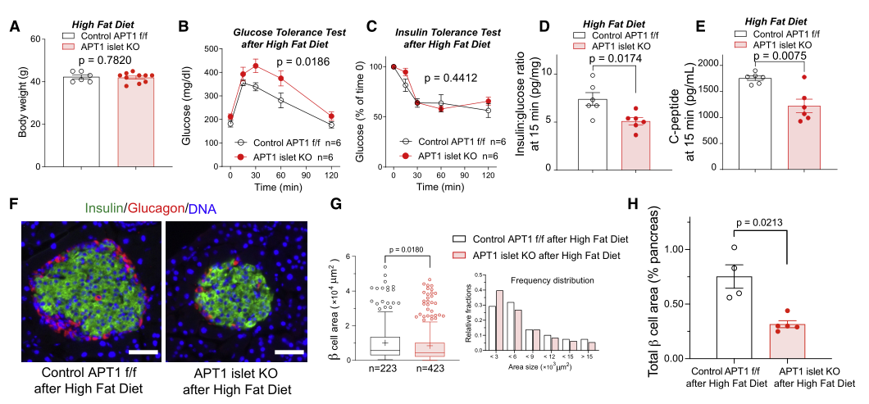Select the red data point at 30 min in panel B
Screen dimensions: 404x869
coord(255,66)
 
